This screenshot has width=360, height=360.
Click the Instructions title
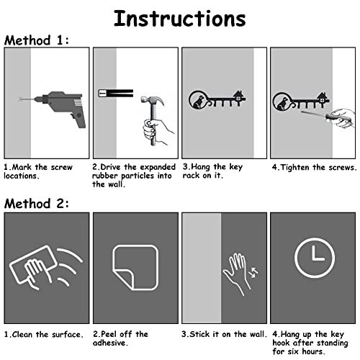180,19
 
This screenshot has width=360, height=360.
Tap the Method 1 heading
37,40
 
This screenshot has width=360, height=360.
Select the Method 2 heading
37,204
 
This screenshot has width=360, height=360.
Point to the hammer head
152,100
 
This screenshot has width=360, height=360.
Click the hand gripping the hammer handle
157,131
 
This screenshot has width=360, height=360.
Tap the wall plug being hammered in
116,93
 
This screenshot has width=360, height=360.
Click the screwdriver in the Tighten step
318,115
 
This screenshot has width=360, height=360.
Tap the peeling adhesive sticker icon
135,268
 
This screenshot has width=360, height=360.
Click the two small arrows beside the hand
253,272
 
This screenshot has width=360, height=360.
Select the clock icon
315,258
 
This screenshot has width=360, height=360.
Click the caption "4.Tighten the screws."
315,167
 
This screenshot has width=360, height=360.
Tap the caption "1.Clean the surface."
44,334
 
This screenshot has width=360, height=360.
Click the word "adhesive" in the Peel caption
109,343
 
